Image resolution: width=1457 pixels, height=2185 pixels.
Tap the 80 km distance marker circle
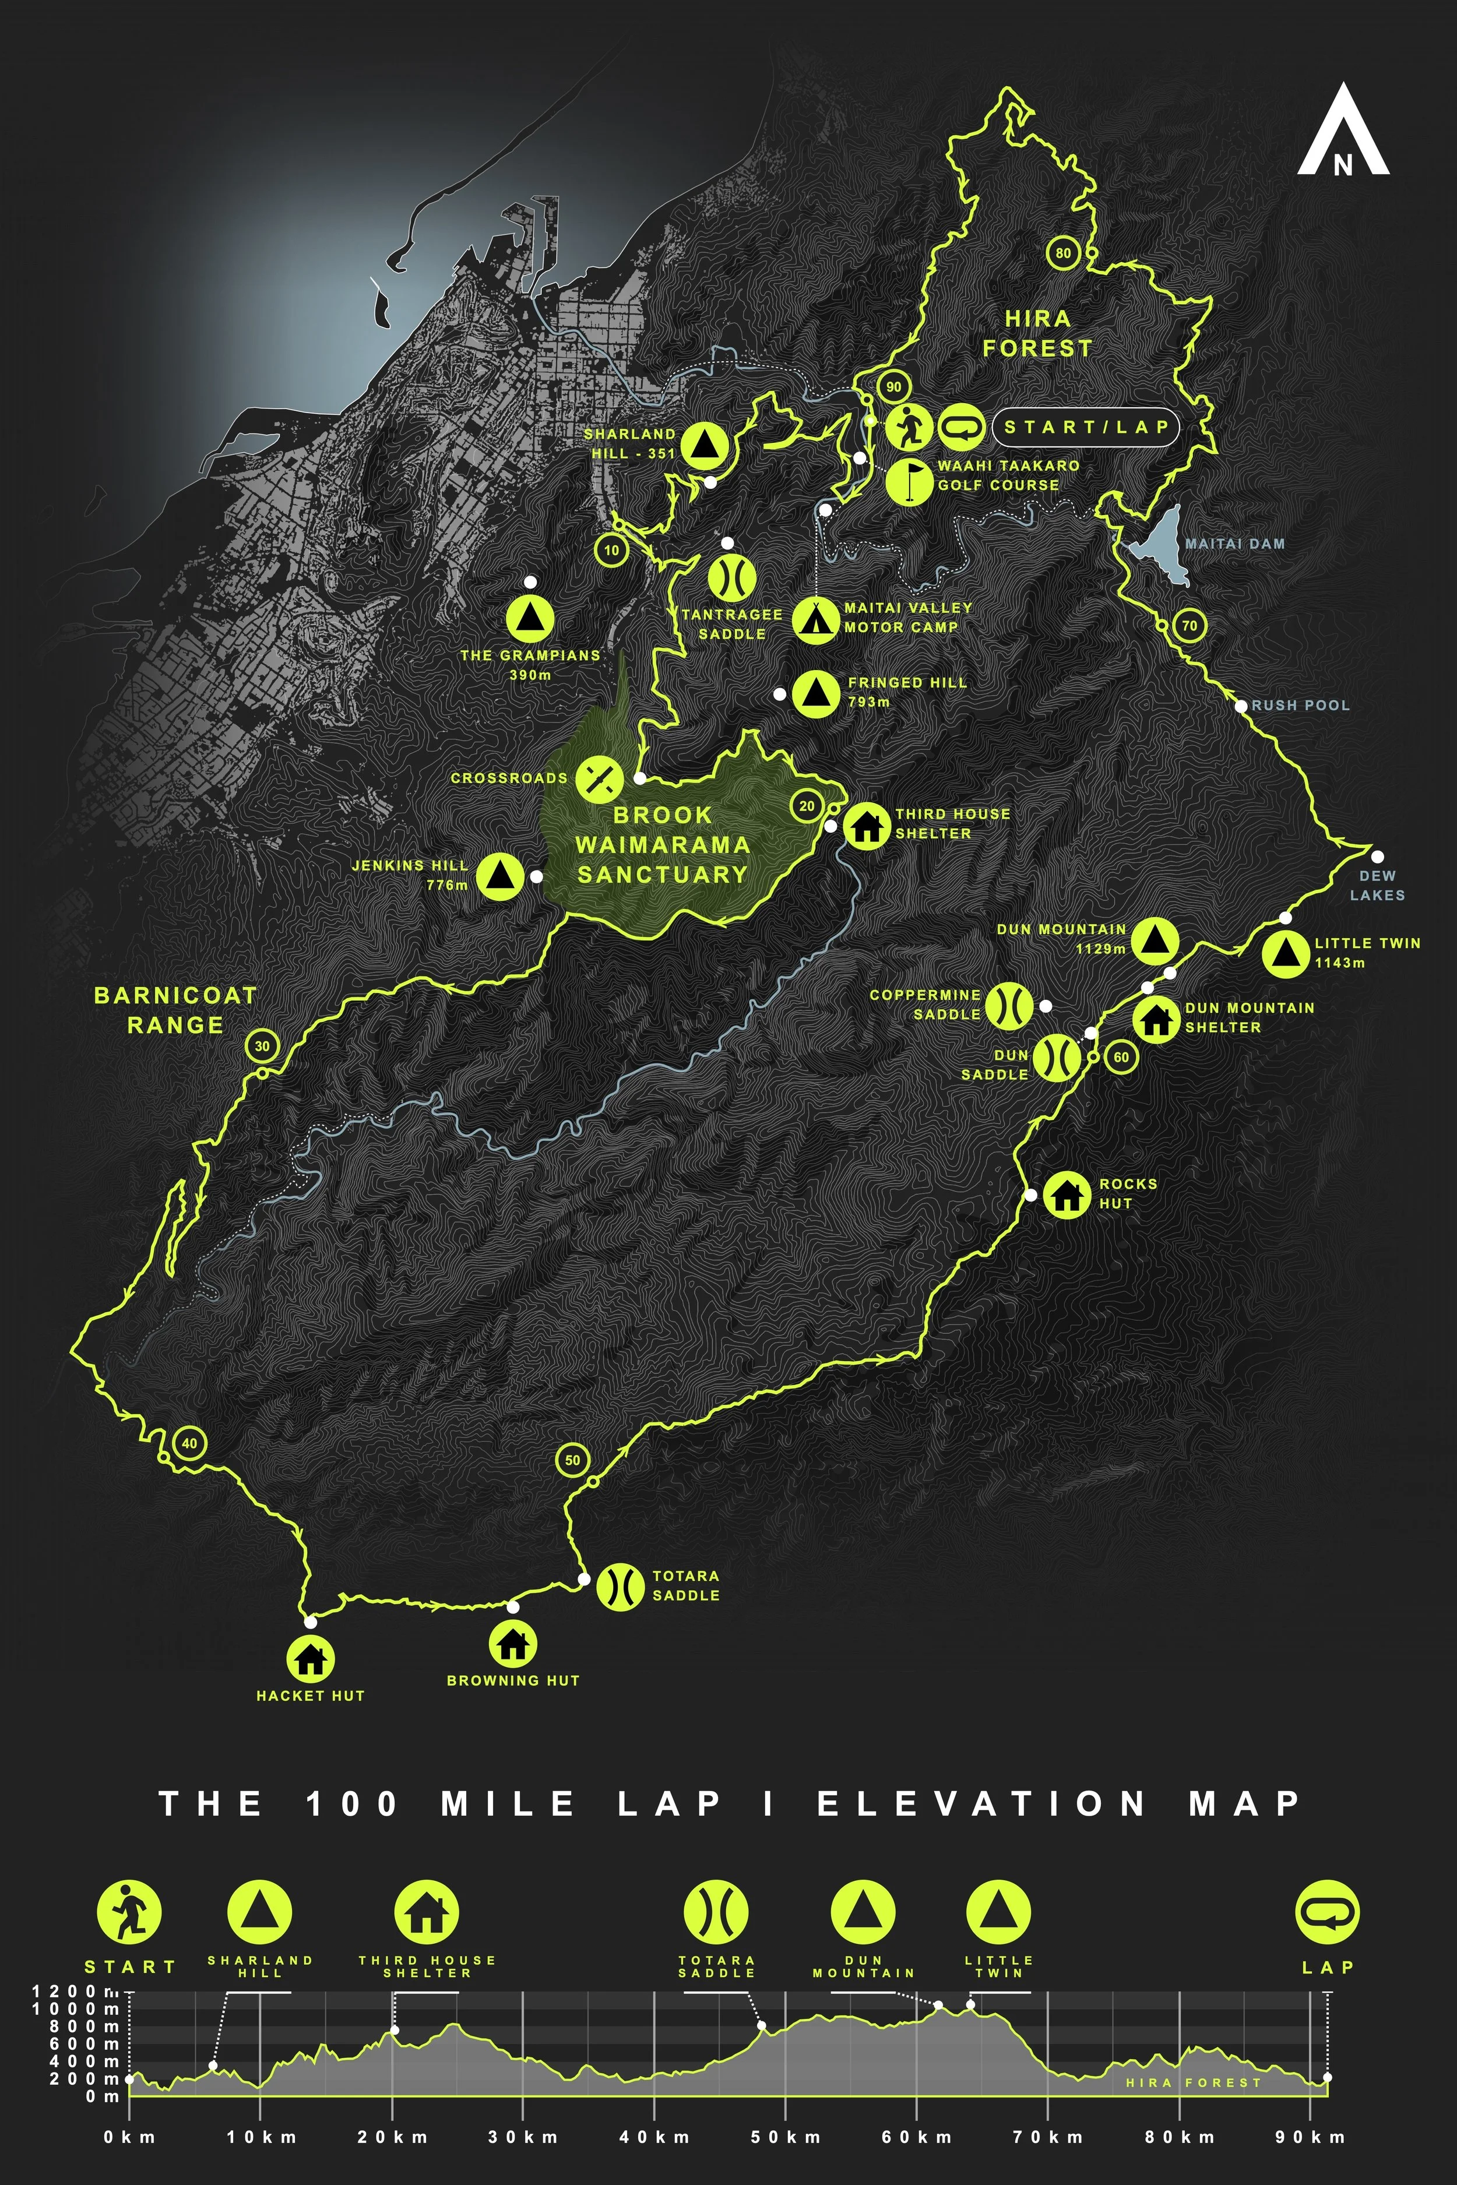point(1063,253)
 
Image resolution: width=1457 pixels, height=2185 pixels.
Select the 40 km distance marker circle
point(189,1443)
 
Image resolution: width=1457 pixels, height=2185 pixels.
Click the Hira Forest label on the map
point(1037,333)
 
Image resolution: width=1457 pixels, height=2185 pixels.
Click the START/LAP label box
point(1085,427)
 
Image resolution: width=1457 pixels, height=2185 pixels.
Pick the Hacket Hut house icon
point(311,1658)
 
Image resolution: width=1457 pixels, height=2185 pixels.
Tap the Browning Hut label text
point(513,1680)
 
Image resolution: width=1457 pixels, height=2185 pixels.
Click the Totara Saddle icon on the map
point(619,1586)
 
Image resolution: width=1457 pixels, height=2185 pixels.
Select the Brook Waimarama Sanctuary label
point(661,844)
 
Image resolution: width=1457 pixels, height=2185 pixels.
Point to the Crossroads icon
point(599,778)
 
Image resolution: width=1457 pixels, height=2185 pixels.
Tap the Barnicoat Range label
point(175,1010)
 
